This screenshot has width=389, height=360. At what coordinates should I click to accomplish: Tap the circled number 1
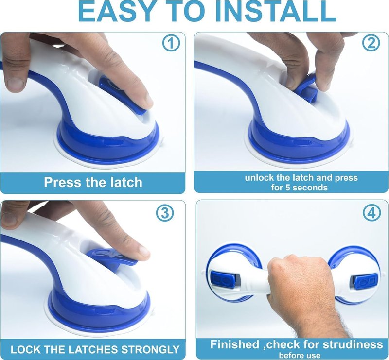pos(171,43)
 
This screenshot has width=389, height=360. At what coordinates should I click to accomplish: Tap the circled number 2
pos(371,43)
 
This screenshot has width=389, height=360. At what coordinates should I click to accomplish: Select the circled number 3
pos(165,213)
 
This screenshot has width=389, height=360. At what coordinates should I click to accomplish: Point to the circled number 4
pos(372,213)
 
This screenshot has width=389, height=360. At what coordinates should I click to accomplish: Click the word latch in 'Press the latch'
pos(126,182)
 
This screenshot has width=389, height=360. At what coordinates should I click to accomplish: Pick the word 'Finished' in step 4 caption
pos(234,344)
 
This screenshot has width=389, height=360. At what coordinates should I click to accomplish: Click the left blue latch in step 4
pos(222,280)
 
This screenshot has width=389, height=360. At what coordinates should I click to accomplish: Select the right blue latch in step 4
pos(366,281)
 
